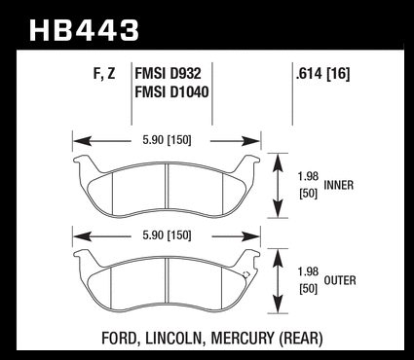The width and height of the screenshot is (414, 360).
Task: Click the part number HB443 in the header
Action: pos(84,30)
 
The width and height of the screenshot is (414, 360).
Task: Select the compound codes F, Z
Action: pos(104,74)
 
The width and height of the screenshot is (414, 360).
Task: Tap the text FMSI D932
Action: pos(168,74)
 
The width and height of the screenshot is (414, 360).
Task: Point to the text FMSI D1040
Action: pos(171,91)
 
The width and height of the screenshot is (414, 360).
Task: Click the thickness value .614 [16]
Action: pos(322,74)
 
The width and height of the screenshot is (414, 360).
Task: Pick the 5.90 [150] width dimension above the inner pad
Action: pos(167,140)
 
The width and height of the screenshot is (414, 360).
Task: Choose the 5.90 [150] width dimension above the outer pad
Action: pos(167,235)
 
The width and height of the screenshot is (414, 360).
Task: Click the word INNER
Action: pos(339,185)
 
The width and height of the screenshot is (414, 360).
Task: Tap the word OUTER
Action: pos(340,280)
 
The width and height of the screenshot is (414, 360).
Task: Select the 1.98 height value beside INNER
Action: pos(308,177)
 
